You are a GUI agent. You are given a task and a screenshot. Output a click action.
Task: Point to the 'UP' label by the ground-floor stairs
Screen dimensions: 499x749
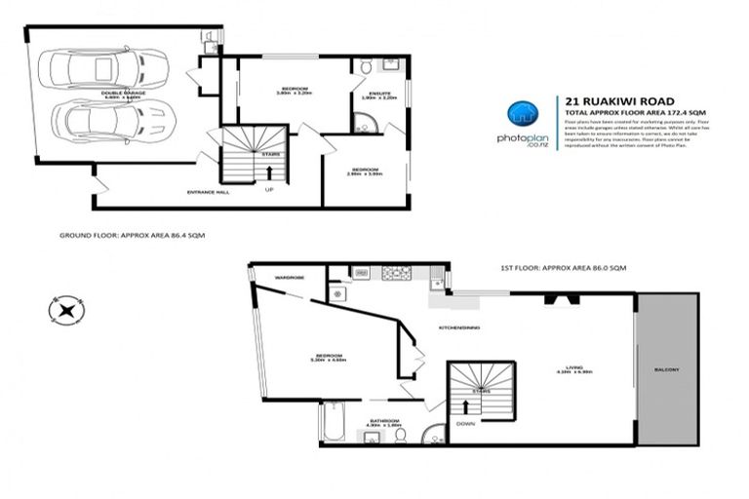pyautogui.click(x=269, y=190)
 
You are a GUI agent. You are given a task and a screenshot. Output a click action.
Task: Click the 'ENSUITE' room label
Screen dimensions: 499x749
pyautogui.click(x=368, y=93)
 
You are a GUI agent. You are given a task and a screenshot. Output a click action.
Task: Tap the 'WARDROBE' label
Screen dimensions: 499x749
pyautogui.click(x=290, y=278)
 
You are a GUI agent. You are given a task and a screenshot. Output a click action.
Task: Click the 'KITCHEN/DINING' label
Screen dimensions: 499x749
pyautogui.click(x=458, y=327)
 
